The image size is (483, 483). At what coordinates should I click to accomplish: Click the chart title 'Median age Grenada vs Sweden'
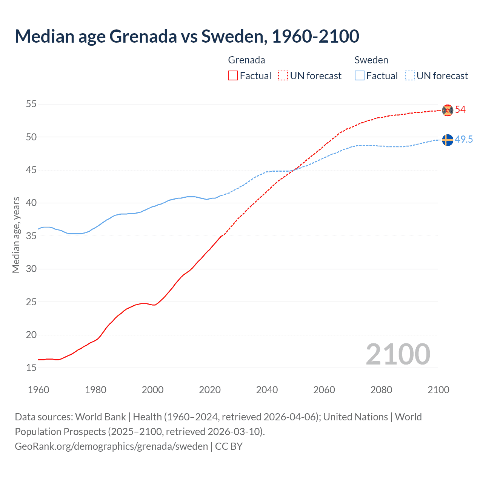pyautogui.click(x=187, y=36)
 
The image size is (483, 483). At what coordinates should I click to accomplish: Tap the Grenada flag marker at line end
pyautogui.click(x=448, y=110)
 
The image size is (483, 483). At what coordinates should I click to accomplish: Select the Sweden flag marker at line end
pyautogui.click(x=448, y=140)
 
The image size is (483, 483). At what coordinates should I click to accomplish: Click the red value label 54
pyautogui.click(x=460, y=110)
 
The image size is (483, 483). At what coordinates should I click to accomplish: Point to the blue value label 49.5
pyautogui.click(x=464, y=139)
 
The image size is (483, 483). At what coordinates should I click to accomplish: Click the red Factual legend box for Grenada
pyautogui.click(x=233, y=76)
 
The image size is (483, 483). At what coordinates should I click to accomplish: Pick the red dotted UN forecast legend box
pyautogui.click(x=283, y=76)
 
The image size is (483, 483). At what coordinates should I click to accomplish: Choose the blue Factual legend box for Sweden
pyautogui.click(x=360, y=76)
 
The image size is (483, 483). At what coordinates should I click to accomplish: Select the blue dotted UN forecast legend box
pyautogui.click(x=409, y=76)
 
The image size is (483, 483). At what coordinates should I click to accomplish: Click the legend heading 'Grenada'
pyautogui.click(x=246, y=60)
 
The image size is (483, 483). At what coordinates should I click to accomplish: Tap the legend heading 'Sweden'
pyautogui.click(x=371, y=60)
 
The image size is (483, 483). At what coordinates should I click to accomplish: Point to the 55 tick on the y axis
pyautogui.click(x=31, y=104)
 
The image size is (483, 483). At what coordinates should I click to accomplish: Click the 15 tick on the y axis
pyautogui.click(x=31, y=368)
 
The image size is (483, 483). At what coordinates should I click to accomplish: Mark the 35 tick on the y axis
pyautogui.click(x=31, y=236)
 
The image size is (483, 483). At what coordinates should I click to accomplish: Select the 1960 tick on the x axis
pyautogui.click(x=38, y=390)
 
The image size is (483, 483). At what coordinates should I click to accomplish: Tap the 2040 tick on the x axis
pyautogui.click(x=267, y=390)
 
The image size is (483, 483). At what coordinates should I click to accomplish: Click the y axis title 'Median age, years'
pyautogui.click(x=16, y=235)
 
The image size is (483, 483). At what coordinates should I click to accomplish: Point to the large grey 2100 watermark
pyautogui.click(x=398, y=354)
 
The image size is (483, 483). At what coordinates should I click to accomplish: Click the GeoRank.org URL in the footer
pyautogui.click(x=111, y=446)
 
